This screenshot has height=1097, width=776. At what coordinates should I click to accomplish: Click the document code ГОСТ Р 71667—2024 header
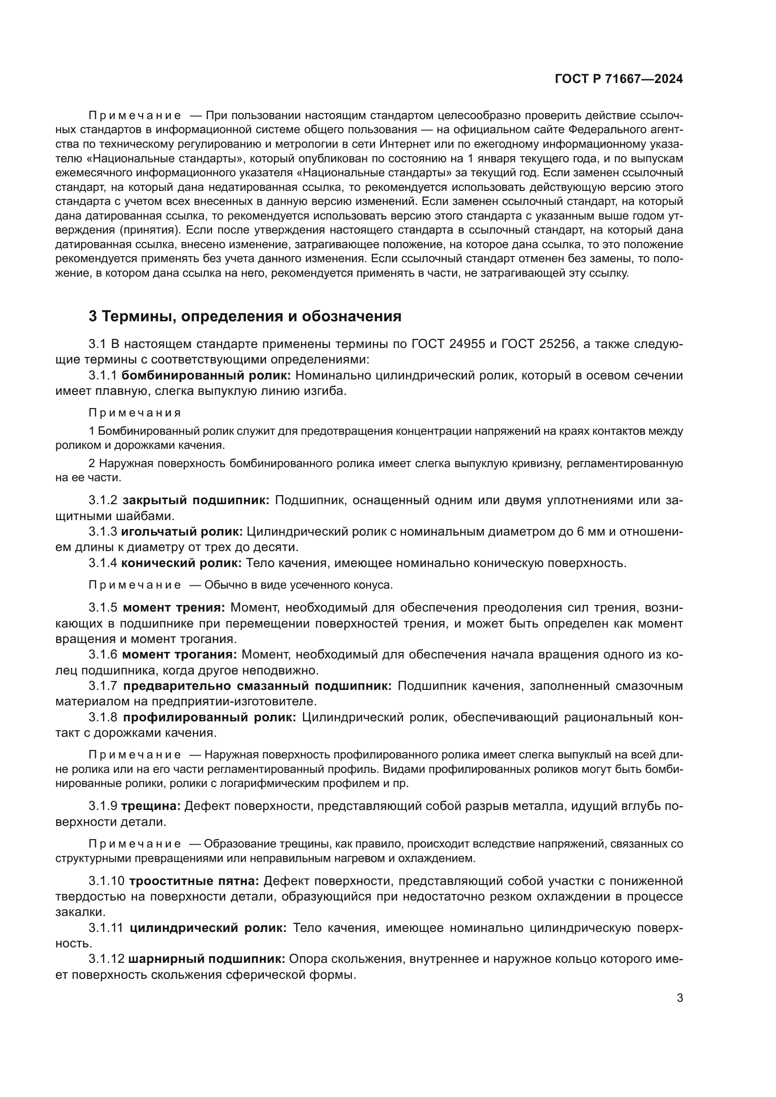click(x=618, y=79)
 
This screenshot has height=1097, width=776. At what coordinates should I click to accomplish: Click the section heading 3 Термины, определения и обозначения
click(x=244, y=316)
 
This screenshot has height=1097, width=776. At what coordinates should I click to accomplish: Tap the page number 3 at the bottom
click(x=679, y=998)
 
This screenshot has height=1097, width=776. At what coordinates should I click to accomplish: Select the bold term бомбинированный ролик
click(x=206, y=375)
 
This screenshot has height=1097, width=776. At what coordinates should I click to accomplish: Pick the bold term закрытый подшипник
click(x=196, y=500)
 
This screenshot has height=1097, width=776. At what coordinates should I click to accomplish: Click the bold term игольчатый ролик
click(x=182, y=531)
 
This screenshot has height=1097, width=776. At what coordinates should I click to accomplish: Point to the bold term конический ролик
click(x=181, y=563)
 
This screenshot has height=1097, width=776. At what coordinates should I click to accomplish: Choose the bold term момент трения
click(x=174, y=608)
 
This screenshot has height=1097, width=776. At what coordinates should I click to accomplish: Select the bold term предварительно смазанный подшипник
click(x=257, y=686)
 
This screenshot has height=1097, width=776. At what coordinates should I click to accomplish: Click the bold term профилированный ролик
click(x=209, y=717)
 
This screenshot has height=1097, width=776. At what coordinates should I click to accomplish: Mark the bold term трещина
click(x=151, y=806)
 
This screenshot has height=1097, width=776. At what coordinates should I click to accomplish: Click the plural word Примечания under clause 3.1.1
click(x=135, y=412)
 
